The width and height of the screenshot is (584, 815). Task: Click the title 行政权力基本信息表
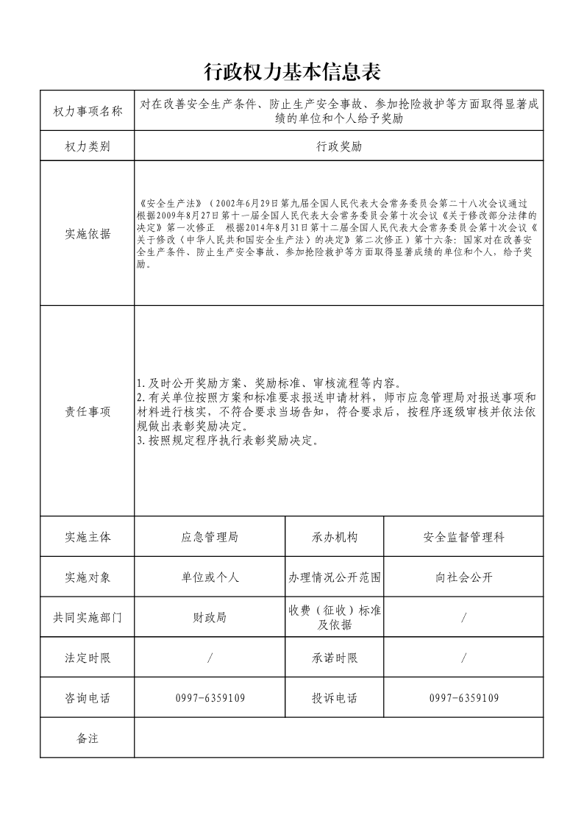click(x=291, y=72)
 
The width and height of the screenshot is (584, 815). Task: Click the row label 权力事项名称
click(x=88, y=111)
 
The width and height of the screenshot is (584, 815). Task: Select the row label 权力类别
click(x=88, y=146)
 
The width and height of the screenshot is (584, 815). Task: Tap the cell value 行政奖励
click(x=339, y=146)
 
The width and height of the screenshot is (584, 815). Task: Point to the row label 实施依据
click(x=88, y=234)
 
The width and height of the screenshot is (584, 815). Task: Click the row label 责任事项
click(x=88, y=412)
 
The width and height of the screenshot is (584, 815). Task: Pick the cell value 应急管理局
click(x=210, y=537)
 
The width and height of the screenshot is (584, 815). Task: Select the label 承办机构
click(x=335, y=537)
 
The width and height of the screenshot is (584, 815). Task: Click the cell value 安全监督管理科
click(x=464, y=537)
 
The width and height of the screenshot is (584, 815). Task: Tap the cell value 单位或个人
click(x=210, y=577)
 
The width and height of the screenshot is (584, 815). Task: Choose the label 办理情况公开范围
click(x=335, y=577)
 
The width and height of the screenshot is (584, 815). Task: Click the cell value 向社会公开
click(x=464, y=577)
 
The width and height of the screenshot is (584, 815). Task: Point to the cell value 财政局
click(x=210, y=618)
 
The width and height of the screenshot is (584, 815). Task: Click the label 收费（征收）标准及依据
click(x=335, y=618)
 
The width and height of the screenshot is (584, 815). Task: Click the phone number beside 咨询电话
click(x=210, y=698)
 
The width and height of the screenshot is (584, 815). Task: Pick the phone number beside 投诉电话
click(x=464, y=698)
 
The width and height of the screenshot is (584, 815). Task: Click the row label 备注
click(x=88, y=738)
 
